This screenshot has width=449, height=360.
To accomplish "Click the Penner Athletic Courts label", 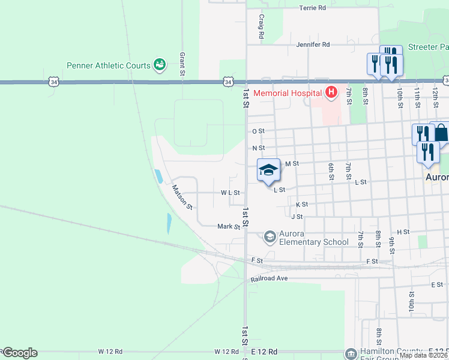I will pos(109,65).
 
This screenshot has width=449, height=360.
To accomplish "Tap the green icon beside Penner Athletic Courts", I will pos(160,64).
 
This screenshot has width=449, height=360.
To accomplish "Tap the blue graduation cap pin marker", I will pos(268,170).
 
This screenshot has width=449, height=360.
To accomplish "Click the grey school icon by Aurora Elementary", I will pos(270,238).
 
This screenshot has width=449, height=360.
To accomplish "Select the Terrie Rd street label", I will pos(312,8).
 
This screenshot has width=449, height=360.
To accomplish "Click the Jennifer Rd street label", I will pos(313,44).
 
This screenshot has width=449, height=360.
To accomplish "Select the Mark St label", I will pos(229,227).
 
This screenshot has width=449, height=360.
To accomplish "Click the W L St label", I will pos(230,193).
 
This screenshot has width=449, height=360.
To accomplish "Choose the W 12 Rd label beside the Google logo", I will pos(110,351).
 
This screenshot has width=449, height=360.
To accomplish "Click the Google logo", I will pos(19,353).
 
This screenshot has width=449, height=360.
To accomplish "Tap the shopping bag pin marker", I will pos(441,132).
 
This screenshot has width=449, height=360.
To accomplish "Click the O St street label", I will pos(258,131).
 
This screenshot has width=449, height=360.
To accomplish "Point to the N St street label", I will pos(258,148).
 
